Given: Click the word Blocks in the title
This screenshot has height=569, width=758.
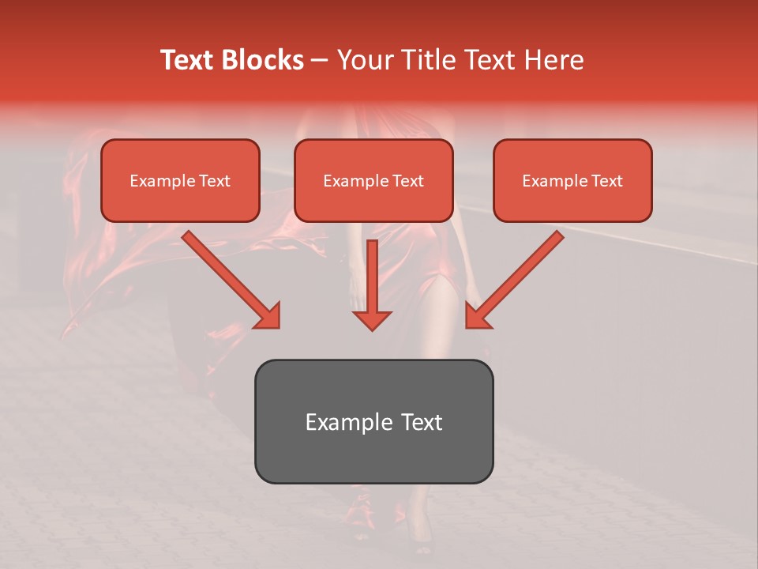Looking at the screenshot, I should coord(263,60).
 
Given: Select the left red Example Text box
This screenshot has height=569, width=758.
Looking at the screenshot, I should coord(180,180).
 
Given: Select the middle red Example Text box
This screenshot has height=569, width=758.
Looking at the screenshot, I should coord(373,180).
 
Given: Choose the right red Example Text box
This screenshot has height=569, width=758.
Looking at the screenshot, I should coord(572,180).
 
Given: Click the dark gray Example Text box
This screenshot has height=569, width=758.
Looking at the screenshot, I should coord(373,421).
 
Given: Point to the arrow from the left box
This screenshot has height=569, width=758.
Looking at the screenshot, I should coord(229,277).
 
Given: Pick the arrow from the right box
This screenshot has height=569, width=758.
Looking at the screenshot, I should coord(517,277).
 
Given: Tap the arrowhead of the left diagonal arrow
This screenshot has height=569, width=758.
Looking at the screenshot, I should coord(268,316).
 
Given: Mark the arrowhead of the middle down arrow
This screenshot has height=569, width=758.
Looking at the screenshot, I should coord(373,318).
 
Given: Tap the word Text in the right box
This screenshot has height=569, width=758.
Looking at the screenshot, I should coord(606,181).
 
